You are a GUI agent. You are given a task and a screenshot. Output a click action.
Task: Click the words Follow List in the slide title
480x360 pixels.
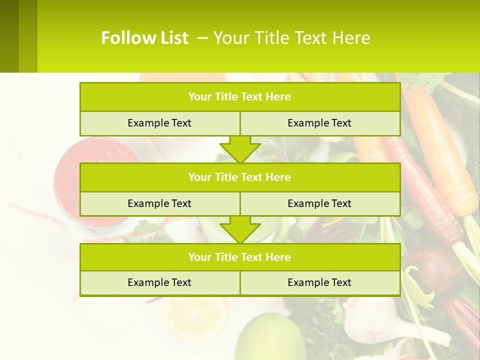coord(144,38)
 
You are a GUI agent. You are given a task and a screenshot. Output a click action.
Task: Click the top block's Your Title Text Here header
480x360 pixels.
coord(239,97)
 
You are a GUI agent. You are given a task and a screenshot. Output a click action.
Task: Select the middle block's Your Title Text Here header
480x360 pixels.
coord(239,177)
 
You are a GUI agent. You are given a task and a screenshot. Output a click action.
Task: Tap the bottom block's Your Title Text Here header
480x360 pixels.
coord(239,257)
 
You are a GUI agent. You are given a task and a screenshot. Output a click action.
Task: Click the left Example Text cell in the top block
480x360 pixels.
coord(159,123)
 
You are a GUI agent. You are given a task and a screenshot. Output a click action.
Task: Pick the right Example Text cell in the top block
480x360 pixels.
coord(319,123)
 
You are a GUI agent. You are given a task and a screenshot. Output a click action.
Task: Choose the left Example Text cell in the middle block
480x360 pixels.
coord(159,203)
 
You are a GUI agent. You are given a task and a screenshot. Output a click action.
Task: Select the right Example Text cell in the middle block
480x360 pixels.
coord(319,203)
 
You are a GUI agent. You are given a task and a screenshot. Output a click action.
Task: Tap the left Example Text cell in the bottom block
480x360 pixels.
coord(159,282)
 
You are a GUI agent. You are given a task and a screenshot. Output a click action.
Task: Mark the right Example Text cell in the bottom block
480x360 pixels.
coord(319,282)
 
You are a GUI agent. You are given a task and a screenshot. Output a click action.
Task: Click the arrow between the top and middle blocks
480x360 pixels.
coord(240,149)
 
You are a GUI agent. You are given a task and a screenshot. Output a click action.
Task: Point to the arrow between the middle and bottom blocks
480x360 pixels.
coord(240,229)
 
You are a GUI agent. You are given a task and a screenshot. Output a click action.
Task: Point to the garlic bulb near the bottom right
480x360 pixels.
coord(370,320)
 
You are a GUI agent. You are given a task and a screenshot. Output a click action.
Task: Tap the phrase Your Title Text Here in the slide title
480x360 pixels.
coord(292,38)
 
